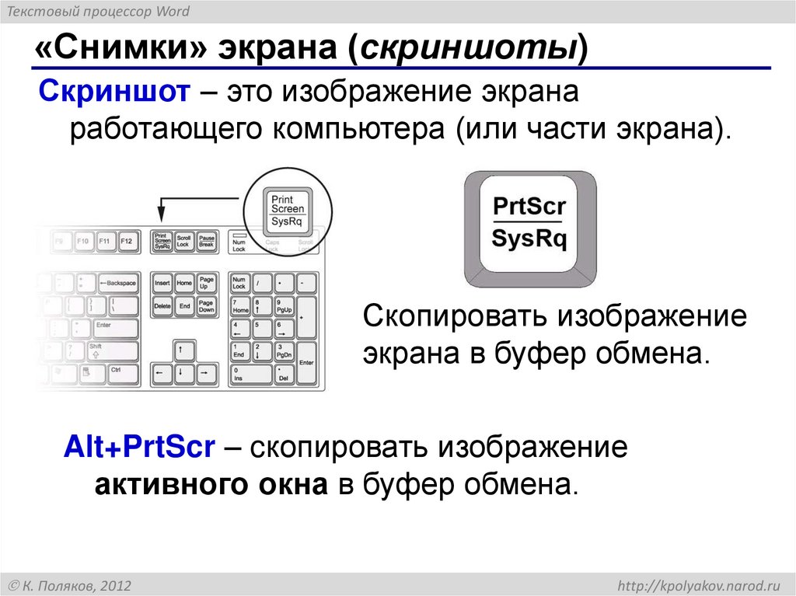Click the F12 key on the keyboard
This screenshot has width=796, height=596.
[x=127, y=242]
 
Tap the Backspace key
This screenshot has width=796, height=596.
[x=117, y=284]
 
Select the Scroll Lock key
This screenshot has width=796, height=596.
[x=183, y=242]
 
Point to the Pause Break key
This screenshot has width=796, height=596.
[x=206, y=242]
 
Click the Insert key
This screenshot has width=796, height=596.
[x=162, y=284]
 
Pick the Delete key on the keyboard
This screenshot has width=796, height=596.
[x=162, y=307]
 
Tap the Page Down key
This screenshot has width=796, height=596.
[x=206, y=307]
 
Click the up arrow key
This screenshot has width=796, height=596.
[x=183, y=350]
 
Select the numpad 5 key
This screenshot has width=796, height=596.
[x=260, y=329]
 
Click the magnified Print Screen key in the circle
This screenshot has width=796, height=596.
[x=288, y=210]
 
